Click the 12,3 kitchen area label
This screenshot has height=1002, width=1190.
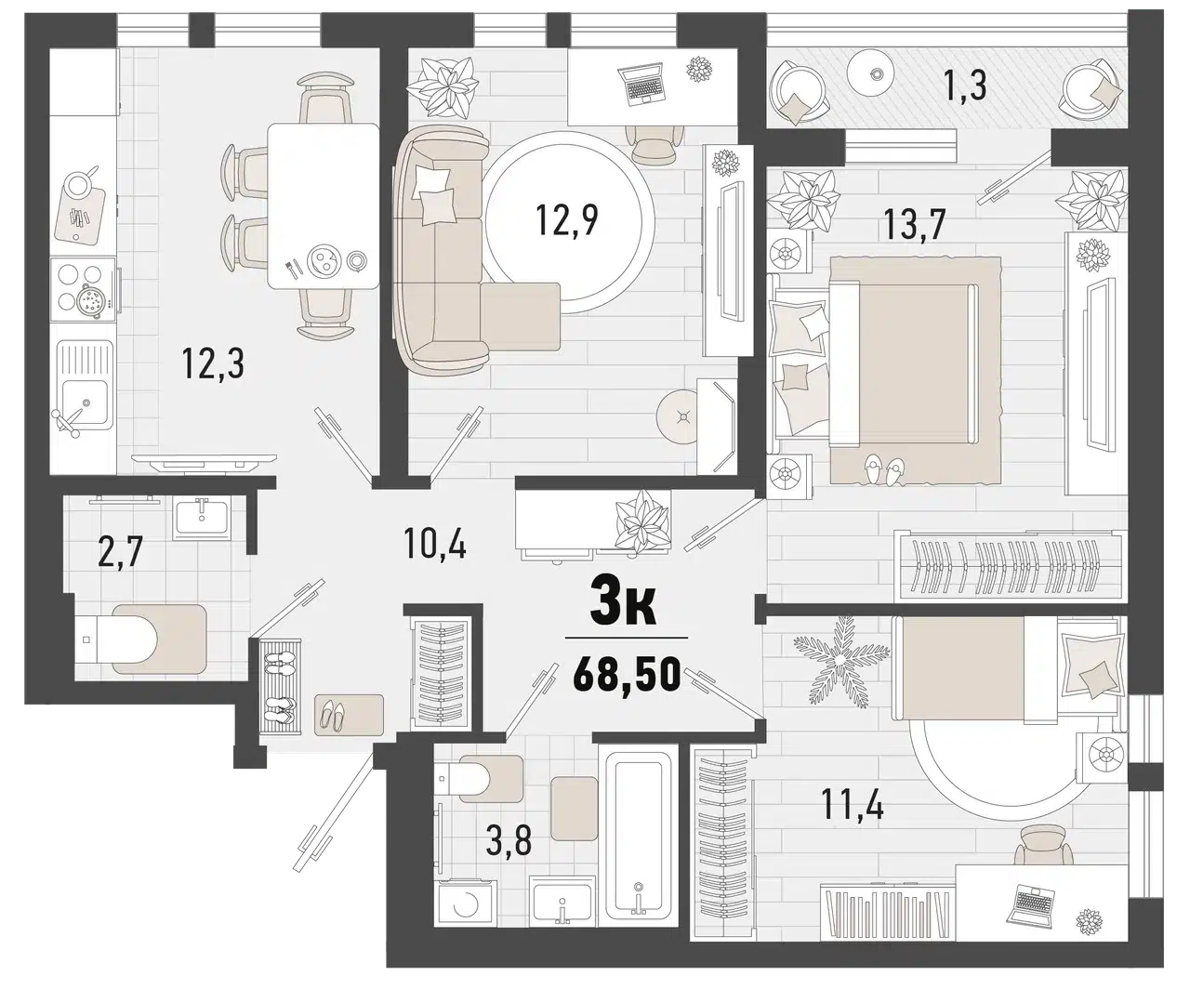click(213, 363)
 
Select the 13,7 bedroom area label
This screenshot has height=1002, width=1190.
click(914, 224)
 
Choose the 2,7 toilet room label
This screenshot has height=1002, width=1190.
click(120, 552)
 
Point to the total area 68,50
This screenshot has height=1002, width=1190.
click(627, 674)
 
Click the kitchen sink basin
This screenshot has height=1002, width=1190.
click(85, 402)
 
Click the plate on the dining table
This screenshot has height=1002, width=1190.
click(322, 260)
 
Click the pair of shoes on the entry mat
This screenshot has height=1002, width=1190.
click(333, 716)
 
